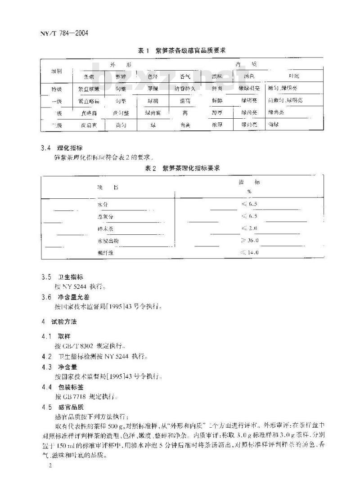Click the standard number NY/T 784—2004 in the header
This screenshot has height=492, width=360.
click(x=61, y=33)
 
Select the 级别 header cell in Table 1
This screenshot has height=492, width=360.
click(x=57, y=72)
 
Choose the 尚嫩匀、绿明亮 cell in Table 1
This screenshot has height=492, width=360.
click(x=285, y=100)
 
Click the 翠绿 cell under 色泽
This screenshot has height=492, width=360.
click(x=153, y=89)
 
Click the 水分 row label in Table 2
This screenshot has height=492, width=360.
click(x=103, y=205)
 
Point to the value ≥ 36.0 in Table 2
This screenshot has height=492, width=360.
click(x=250, y=241)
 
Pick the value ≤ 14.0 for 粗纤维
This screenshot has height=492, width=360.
click(x=250, y=253)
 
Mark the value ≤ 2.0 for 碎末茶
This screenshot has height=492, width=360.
click(x=250, y=228)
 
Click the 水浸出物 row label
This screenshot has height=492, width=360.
click(x=108, y=241)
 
